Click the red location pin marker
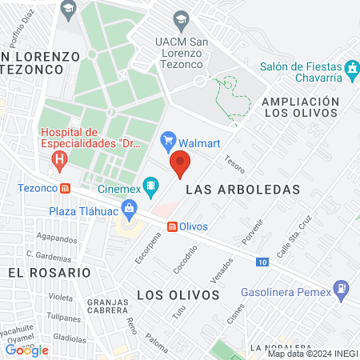coord(180,163)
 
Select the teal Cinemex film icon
coord(150,188)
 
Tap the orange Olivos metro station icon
coord(172,226)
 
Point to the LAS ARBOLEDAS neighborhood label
coord(242,190)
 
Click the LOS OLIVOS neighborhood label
coord(178,295)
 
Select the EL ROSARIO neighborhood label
coord(49,272)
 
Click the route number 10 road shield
coord(263,262)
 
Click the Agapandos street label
coord(56,238)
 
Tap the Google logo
coord(26,350)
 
